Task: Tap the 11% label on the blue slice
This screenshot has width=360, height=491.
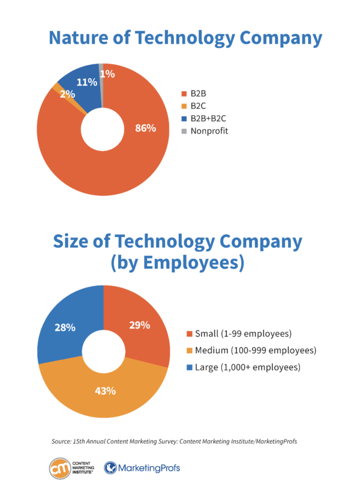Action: coord(87,82)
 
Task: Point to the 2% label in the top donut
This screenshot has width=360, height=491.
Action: coord(67,94)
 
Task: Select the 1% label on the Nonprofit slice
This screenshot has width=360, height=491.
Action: coord(107,74)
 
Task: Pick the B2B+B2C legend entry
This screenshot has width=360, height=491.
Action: coord(208,118)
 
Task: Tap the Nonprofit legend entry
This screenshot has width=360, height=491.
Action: coord(209,131)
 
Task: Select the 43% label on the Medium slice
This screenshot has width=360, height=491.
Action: coord(105,390)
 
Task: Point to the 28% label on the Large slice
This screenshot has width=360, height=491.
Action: coord(64,327)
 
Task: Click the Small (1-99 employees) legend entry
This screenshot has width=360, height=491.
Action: coord(243,333)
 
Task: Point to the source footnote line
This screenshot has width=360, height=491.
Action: coord(174,441)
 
